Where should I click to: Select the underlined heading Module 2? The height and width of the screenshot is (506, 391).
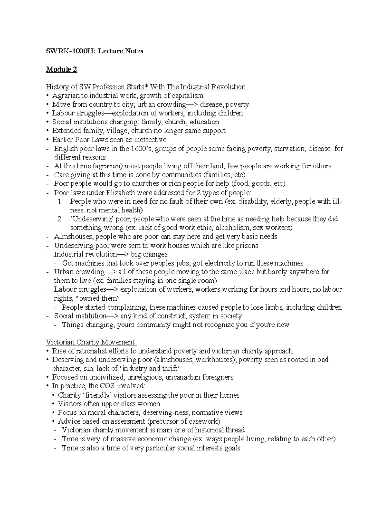61,69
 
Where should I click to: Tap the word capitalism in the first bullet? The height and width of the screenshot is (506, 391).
187,95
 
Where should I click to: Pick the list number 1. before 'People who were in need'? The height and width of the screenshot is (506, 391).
60,201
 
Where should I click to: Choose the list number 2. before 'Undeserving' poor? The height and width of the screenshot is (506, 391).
60,219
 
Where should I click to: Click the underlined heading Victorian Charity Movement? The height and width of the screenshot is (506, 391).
90,342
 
